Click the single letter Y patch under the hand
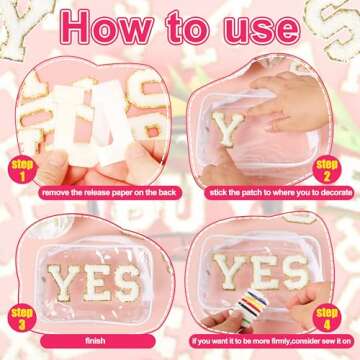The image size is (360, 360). click(229, 128)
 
